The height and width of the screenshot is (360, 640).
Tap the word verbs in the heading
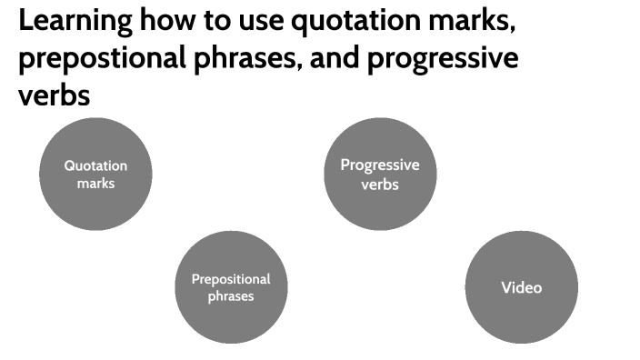point(55,95)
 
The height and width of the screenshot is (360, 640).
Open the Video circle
point(521,287)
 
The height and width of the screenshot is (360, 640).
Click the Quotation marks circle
point(95,173)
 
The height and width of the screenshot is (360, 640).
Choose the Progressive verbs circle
point(380,174)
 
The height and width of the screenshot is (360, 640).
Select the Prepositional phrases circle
point(230,287)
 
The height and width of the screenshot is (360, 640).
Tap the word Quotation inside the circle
point(95,165)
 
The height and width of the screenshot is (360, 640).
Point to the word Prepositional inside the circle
point(231,279)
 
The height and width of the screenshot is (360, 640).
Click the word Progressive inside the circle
point(380,165)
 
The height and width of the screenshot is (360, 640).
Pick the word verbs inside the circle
point(380,185)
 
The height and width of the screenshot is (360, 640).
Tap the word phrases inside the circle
point(230,296)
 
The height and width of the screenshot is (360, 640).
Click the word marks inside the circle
point(95,183)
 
